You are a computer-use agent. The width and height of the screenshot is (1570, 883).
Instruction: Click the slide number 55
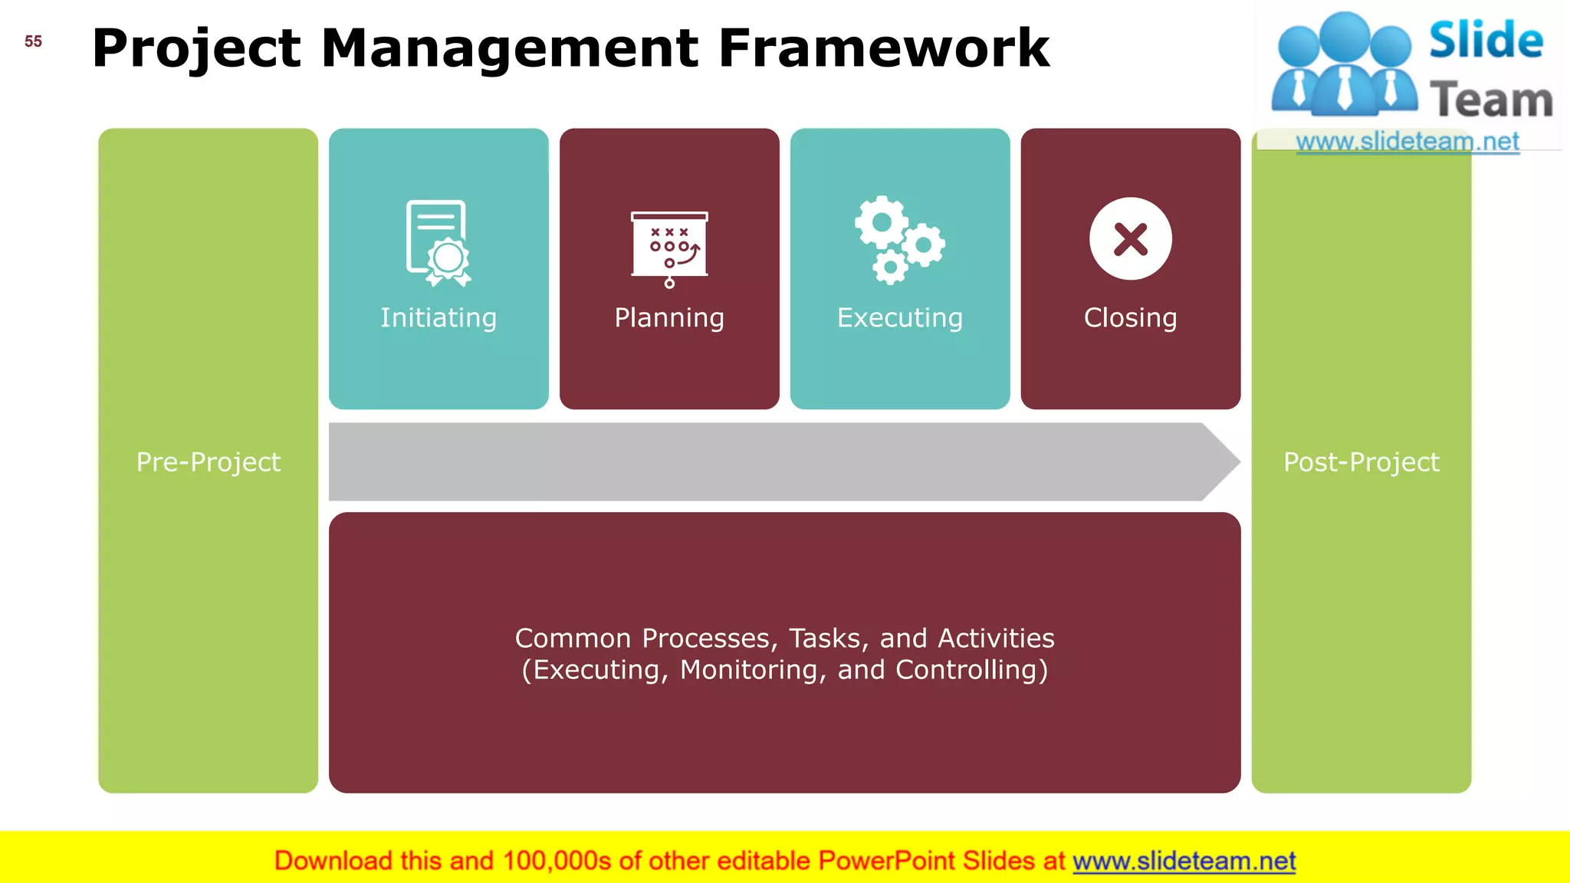coord(33,41)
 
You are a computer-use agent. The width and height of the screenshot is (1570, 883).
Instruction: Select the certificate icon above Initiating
coord(438,243)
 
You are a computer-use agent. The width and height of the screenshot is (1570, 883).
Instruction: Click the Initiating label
coord(438,317)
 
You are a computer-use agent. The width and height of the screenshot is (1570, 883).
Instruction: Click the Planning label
coord(669,317)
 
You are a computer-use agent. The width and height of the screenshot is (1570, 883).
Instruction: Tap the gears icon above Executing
coord(899,240)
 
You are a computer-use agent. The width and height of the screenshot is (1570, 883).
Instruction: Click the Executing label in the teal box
coord(900,317)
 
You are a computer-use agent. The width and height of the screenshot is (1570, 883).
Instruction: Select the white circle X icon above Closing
coord(1130,238)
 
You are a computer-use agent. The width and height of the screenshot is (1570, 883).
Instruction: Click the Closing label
coord(1130,317)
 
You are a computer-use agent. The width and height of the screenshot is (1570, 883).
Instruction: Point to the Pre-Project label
coord(208,462)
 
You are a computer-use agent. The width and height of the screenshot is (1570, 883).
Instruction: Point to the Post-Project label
coord(1361,462)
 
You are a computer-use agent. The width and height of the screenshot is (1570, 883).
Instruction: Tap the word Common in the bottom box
coord(573,638)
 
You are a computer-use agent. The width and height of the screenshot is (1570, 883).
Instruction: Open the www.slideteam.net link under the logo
coord(1407,142)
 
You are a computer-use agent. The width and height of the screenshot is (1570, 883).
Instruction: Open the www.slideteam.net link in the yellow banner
coord(1184,861)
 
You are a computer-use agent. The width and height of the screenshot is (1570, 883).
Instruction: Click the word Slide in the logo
coord(1486,41)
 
